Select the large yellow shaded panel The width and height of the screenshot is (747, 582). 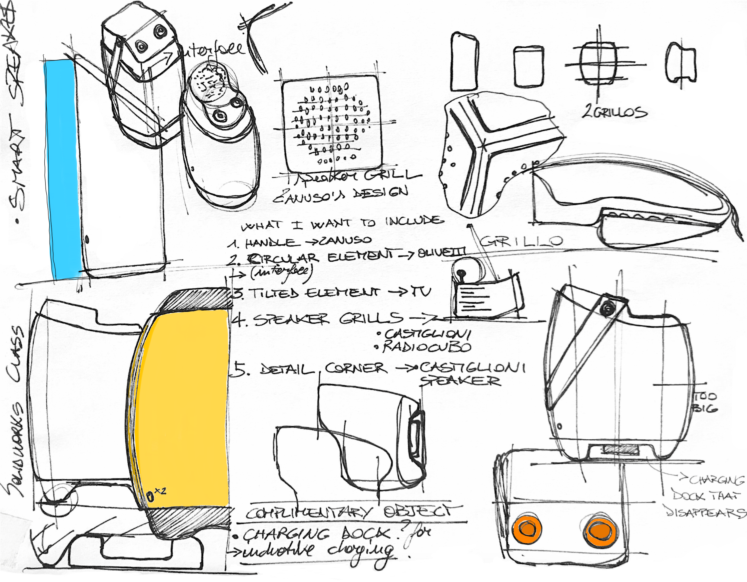185,407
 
